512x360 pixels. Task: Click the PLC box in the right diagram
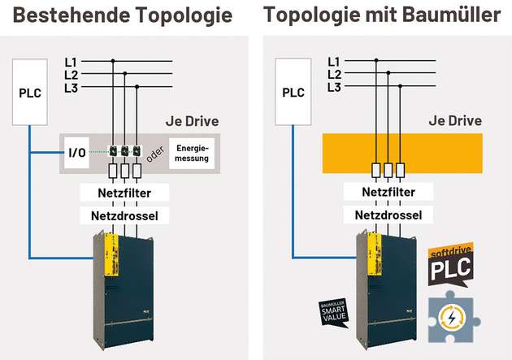coord(293,91)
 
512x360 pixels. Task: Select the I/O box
coord(77,152)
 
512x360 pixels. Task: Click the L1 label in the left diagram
coord(70,61)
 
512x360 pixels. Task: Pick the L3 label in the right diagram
coord(333,87)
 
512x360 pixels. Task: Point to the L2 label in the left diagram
coord(70,74)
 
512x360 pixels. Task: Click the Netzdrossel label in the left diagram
coord(124,216)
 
